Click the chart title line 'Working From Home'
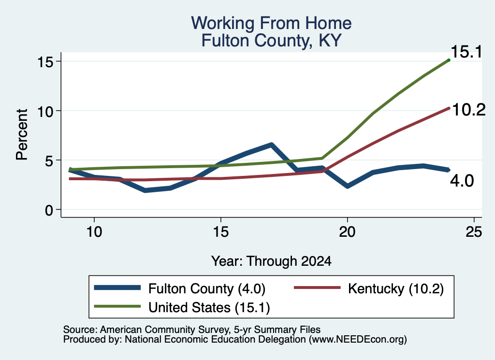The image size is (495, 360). [271, 23]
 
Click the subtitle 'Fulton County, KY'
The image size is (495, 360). [272, 41]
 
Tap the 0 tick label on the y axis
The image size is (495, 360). [49, 210]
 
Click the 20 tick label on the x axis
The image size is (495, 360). [347, 232]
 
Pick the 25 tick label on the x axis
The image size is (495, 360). [474, 232]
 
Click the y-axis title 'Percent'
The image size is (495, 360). [22, 135]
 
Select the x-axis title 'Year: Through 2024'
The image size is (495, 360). [271, 261]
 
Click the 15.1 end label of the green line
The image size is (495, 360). [466, 52]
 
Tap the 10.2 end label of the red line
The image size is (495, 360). [469, 110]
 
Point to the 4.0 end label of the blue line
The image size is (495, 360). [462, 181]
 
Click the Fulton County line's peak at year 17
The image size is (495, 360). [272, 144]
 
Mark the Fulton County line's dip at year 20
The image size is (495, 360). [348, 186]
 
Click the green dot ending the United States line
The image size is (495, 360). [449, 60]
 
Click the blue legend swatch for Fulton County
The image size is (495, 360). [117, 288]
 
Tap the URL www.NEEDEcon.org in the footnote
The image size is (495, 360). [357, 339]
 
